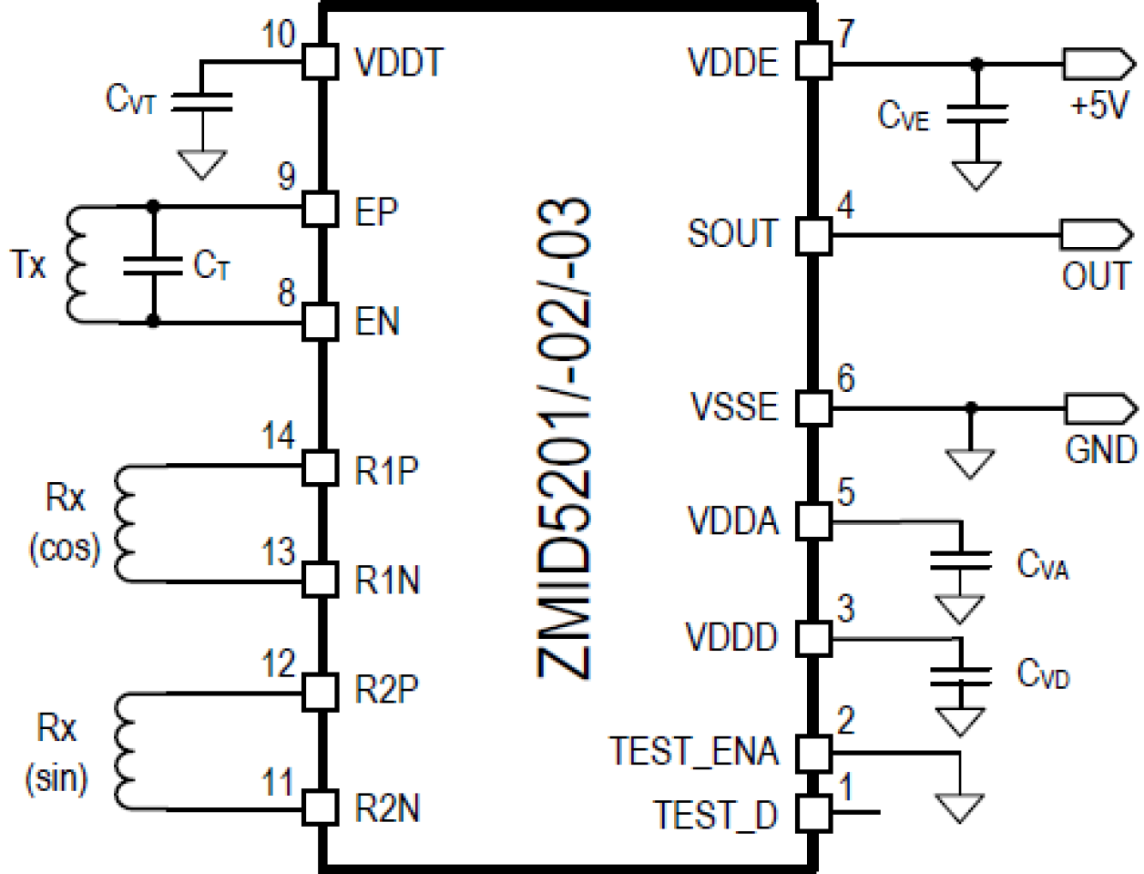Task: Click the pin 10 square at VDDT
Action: point(320,62)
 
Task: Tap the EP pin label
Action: point(376,211)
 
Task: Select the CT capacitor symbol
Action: point(153,265)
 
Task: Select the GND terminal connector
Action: point(1097,408)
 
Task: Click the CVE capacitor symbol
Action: point(976,114)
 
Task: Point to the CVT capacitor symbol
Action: point(201,101)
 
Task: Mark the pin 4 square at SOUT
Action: point(813,235)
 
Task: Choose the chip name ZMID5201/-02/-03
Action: point(565,438)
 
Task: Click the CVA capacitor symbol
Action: point(959,560)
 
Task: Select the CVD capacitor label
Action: point(1043,674)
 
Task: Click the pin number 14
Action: point(278,437)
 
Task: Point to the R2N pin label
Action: point(387,808)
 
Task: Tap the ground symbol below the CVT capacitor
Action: point(201,163)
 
